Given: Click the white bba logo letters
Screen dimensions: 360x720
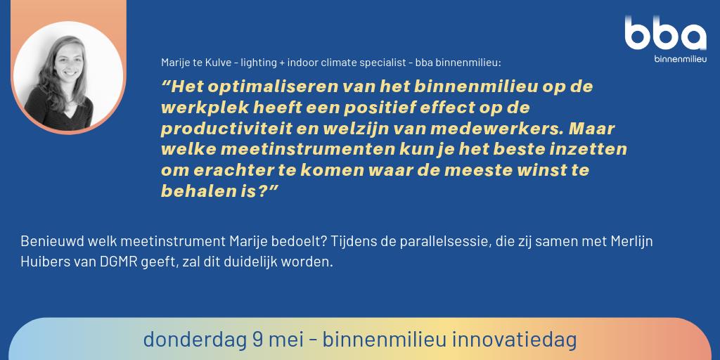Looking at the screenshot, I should tap(664, 34).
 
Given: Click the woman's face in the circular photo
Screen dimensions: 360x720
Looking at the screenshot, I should tap(65, 71).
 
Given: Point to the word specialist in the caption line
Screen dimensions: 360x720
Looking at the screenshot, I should tap(380, 63).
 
